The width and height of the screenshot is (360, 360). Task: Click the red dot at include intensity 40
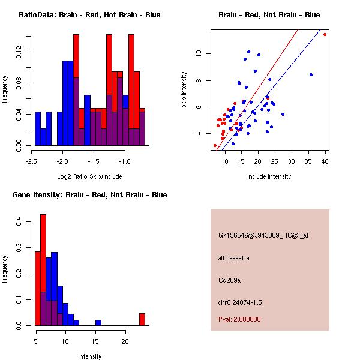click(x=325, y=34)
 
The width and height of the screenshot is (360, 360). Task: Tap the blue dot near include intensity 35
click(x=311, y=74)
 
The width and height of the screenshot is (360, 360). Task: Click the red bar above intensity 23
click(x=142, y=319)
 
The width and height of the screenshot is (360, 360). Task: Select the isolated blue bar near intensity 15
click(x=98, y=323)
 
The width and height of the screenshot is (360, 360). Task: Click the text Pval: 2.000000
click(x=239, y=319)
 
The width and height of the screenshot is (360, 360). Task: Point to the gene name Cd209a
click(x=229, y=280)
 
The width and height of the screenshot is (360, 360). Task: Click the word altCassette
click(x=233, y=258)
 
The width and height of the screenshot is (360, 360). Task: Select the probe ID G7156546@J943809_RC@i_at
click(x=263, y=235)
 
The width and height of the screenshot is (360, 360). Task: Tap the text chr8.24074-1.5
click(x=240, y=302)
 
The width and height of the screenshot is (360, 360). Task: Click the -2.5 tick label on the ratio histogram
click(x=31, y=161)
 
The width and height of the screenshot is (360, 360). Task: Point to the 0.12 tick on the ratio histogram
click(x=19, y=52)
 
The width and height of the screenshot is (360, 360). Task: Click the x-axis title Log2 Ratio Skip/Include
click(x=89, y=176)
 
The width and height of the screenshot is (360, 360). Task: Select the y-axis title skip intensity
click(x=184, y=89)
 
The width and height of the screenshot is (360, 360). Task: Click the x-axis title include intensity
click(x=269, y=176)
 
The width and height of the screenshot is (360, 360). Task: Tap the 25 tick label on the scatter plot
click(x=275, y=161)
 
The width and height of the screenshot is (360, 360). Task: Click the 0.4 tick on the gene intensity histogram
click(x=19, y=222)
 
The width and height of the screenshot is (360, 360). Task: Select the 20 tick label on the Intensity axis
click(x=125, y=341)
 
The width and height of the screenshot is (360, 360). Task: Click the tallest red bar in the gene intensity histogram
click(x=43, y=270)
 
